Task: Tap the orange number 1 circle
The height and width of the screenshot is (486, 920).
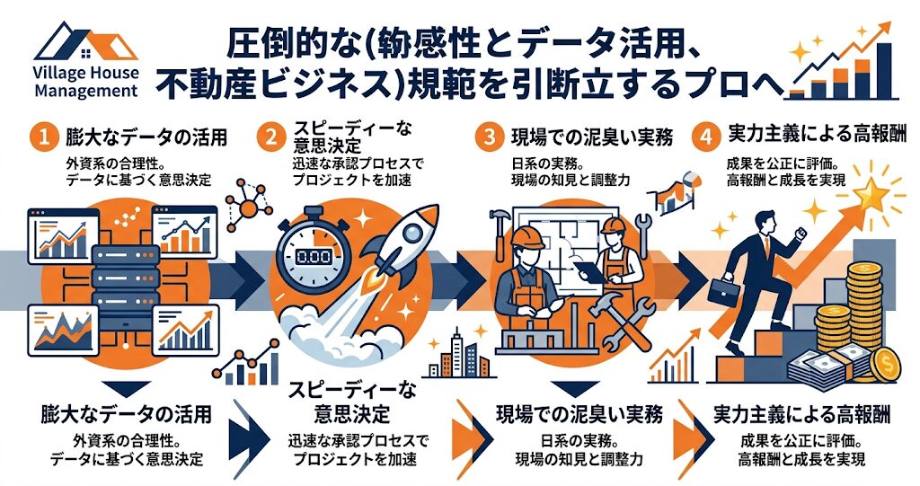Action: [45, 137]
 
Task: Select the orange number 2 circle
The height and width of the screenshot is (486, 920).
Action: [270, 137]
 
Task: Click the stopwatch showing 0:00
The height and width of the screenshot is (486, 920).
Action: [313, 252]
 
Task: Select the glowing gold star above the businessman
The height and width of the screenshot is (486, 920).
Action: [870, 194]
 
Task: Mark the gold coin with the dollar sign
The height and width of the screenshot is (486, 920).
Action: [886, 366]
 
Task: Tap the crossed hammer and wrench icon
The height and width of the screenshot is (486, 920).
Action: [622, 322]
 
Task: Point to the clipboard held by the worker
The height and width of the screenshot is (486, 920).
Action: [588, 270]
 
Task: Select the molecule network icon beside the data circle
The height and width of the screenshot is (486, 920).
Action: [249, 206]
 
